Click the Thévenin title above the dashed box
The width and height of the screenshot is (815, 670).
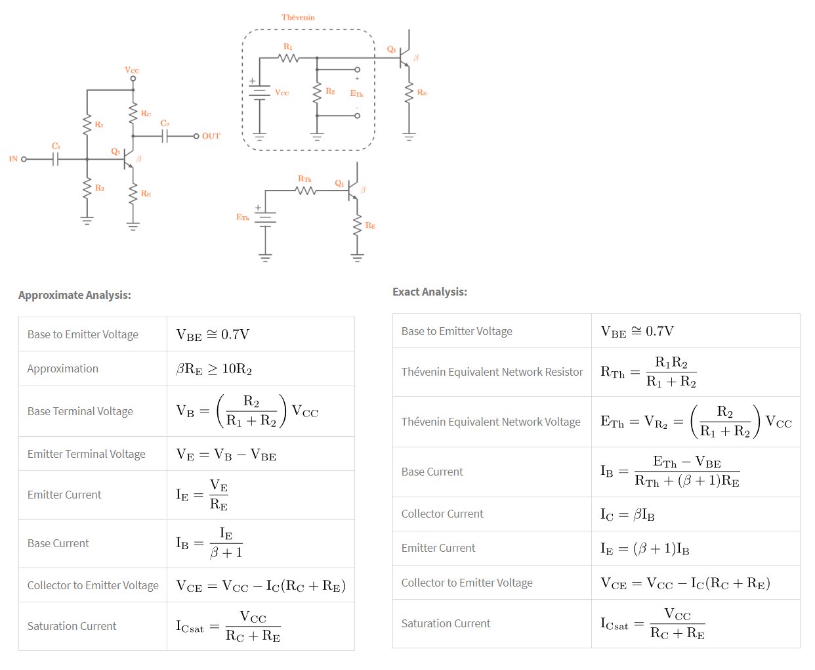(298, 18)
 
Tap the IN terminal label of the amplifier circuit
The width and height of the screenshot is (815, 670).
(13, 159)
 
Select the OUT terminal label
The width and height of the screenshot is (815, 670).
(211, 137)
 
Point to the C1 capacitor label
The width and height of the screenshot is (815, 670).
(56, 146)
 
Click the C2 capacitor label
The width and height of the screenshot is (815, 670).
(165, 123)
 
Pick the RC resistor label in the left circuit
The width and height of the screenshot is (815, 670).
(146, 114)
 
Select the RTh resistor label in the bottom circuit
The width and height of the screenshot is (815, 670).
(304, 179)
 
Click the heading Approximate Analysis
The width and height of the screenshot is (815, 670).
(75, 295)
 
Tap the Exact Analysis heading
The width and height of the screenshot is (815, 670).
(430, 292)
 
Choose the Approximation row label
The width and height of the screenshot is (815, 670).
(63, 368)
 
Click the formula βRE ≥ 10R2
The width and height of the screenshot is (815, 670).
(214, 369)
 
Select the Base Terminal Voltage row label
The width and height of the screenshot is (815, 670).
(80, 411)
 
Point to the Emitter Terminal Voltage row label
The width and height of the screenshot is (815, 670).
(87, 454)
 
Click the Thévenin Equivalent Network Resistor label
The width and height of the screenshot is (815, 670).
(492, 372)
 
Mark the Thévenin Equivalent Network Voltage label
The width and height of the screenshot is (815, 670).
(491, 422)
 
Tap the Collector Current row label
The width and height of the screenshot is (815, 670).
(442, 514)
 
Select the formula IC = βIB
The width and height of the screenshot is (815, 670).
(627, 514)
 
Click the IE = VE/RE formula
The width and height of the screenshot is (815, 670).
(202, 495)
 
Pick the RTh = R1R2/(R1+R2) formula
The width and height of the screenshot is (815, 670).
(648, 372)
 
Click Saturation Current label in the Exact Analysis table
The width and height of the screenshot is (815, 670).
(446, 623)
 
